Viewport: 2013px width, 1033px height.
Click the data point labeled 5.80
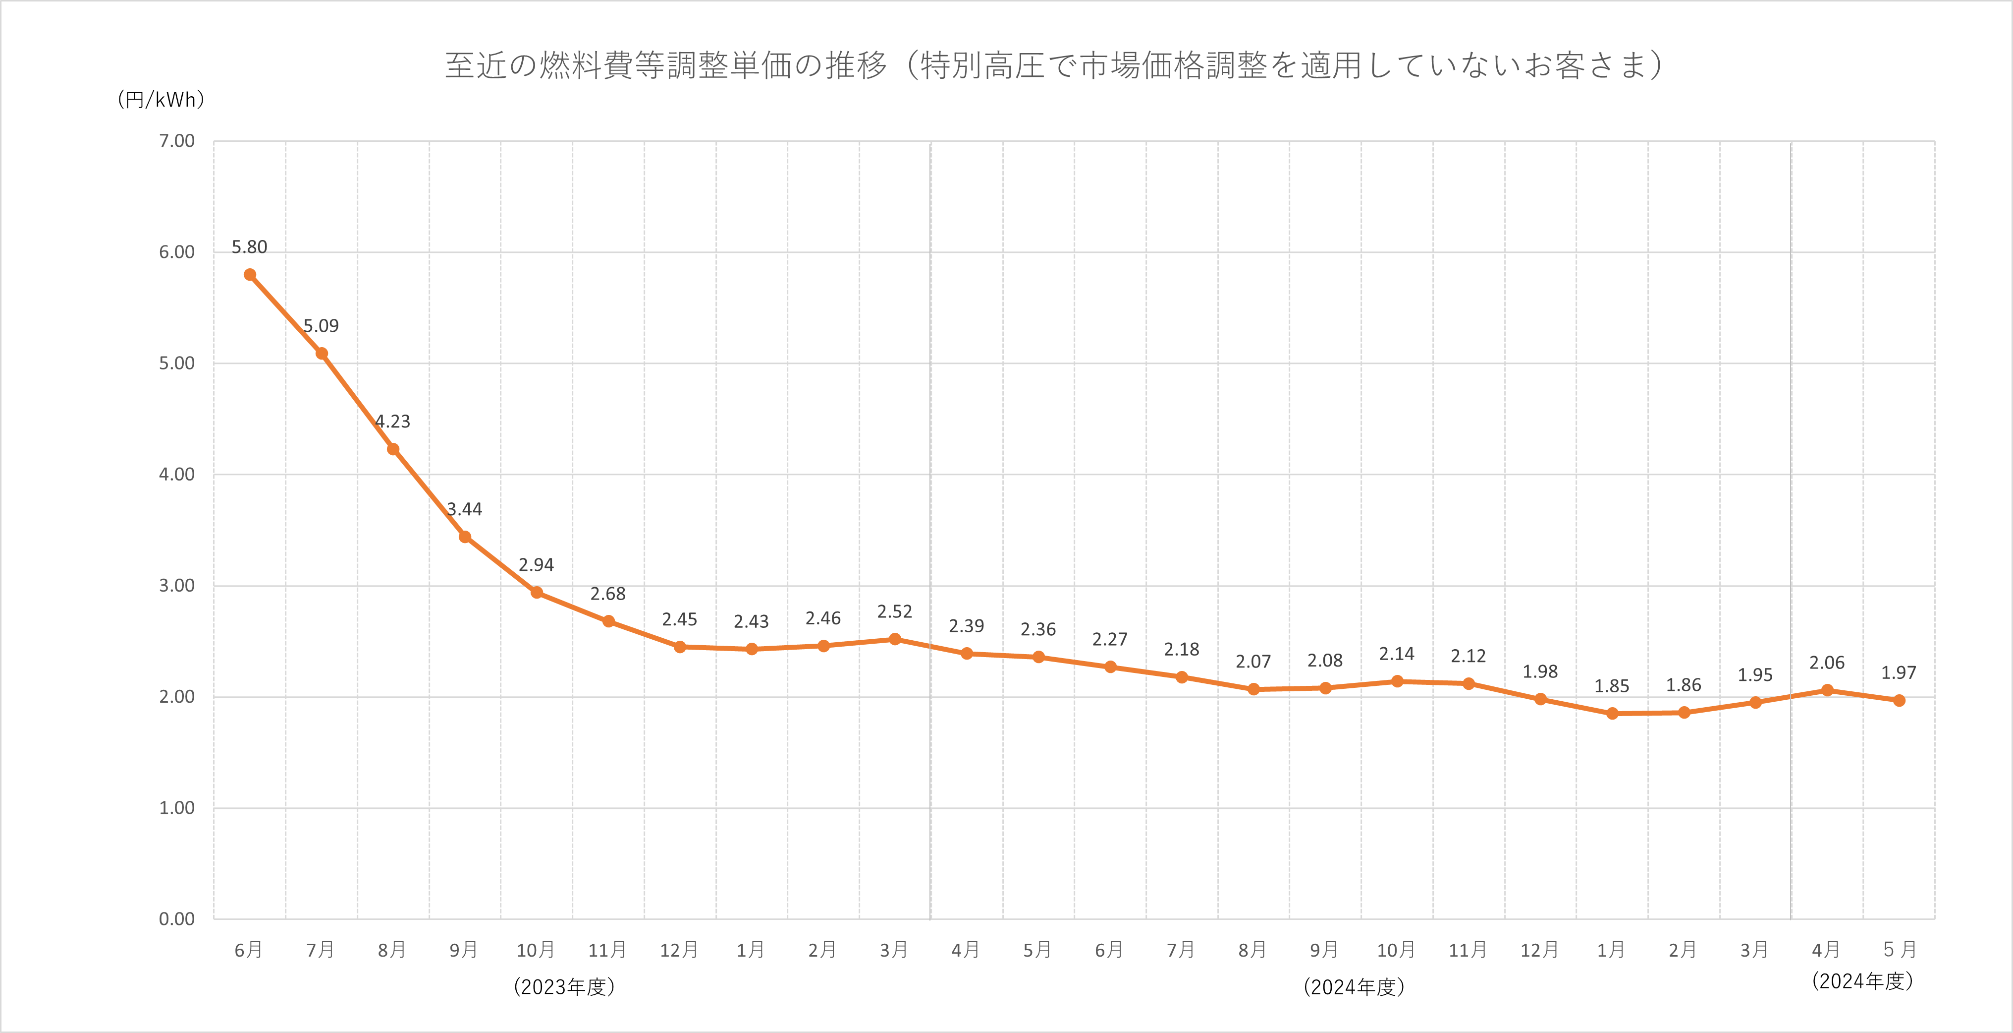point(250,274)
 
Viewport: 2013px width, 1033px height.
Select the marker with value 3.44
point(465,537)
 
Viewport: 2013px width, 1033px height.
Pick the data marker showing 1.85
point(1612,713)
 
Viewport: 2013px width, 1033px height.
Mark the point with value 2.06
point(1827,690)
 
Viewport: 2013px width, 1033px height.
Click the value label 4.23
point(392,422)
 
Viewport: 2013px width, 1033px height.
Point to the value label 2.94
point(536,564)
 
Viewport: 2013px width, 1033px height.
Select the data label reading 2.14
point(1397,654)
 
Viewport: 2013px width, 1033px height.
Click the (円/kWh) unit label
point(161,99)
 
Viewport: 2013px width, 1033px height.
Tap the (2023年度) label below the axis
point(564,987)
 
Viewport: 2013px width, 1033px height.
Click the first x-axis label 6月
point(249,950)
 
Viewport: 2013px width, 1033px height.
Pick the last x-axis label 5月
point(1899,950)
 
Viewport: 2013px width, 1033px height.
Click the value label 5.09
point(321,326)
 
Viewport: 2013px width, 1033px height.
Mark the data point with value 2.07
point(1253,689)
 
